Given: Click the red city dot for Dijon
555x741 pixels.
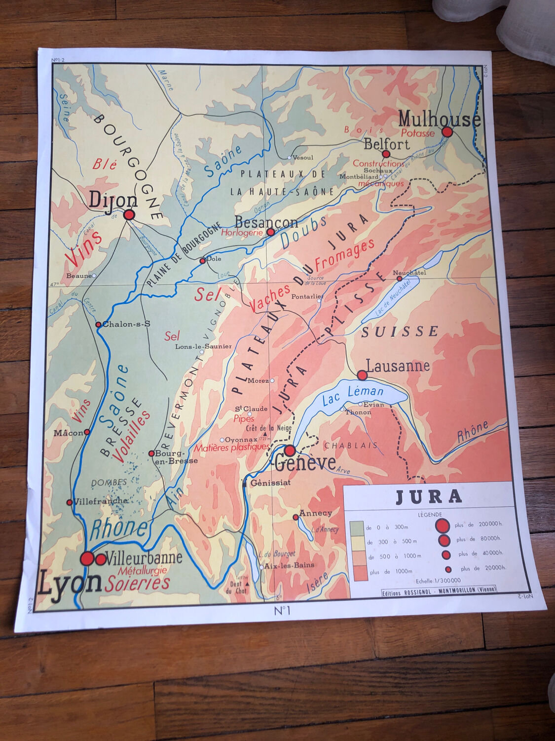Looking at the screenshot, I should point(129,215).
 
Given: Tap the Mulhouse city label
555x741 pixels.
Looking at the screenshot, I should point(439,120).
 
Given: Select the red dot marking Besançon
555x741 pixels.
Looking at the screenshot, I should point(270,232).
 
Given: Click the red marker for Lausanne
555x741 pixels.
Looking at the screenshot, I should point(362,375).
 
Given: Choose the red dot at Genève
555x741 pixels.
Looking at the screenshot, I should point(290,451).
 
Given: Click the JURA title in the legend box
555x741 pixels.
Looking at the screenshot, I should point(429,496).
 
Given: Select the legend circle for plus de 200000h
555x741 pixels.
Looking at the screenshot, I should point(443,526).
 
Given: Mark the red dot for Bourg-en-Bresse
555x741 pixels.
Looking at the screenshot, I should point(151,453).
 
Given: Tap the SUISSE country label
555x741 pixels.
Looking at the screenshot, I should point(400,331).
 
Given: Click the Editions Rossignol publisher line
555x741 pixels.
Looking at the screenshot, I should point(439,589).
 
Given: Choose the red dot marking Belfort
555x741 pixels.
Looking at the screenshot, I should point(386,154).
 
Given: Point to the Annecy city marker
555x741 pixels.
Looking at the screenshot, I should point(296,517).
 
